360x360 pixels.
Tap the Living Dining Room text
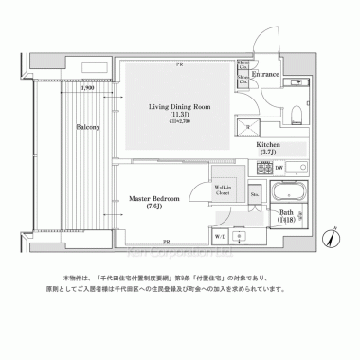coord(179,107)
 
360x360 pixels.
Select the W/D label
coord(220,236)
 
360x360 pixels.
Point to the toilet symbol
coord(296,116)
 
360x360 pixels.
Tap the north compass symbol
coord(331,237)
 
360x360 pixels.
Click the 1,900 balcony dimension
coord(86,88)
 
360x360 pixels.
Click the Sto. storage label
coord(254,195)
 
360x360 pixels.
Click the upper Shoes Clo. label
coord(243,66)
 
